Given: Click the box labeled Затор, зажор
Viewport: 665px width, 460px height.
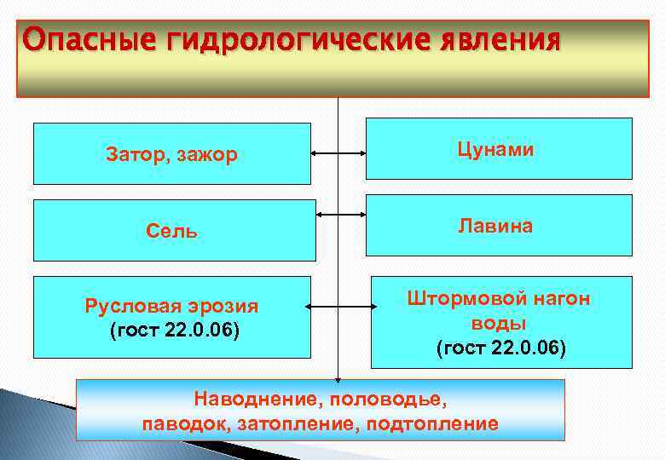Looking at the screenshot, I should [171, 154].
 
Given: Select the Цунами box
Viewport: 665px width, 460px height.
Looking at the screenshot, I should [499, 149].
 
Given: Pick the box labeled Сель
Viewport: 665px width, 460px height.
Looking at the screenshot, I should [173, 230].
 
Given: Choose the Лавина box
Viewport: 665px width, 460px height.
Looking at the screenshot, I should [499, 226].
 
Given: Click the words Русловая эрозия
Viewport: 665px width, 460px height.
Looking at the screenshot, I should [171, 307].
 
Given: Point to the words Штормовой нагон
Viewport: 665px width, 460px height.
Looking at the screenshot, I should [499, 299].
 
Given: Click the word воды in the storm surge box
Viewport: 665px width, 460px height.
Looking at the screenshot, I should [499, 324].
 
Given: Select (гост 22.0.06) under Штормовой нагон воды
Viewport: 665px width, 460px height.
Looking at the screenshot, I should [500, 348].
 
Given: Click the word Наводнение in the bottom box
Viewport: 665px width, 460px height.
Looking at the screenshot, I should [247, 399].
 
